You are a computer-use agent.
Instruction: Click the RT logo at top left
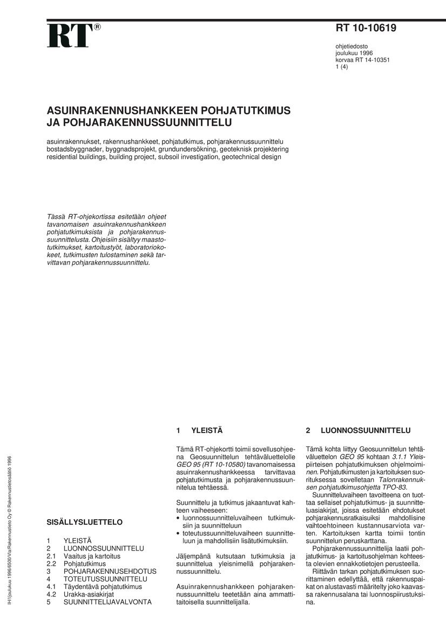[70, 36]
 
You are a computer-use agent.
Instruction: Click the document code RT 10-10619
[366, 29]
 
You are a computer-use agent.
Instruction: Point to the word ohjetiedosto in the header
[352, 46]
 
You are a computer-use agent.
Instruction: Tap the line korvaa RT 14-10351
[363, 60]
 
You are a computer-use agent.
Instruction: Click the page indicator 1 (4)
[341, 67]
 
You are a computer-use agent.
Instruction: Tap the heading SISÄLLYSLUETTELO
[84, 522]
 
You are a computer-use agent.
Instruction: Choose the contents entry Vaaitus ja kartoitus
[92, 555]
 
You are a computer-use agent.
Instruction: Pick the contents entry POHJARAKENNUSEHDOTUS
[110, 571]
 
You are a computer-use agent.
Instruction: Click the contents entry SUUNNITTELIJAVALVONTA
[107, 602]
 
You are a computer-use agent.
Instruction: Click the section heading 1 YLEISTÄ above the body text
[199, 431]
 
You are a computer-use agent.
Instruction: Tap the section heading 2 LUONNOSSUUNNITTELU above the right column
[358, 431]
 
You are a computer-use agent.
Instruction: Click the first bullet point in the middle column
[179, 518]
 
